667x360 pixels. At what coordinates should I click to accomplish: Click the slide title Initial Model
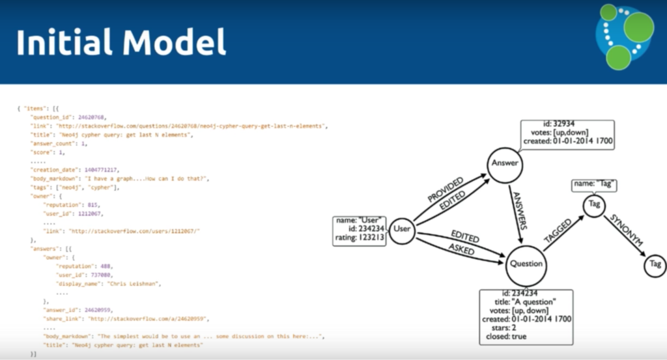(x=121, y=42)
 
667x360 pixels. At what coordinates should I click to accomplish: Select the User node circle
(x=403, y=229)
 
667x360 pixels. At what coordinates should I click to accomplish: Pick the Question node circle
(x=526, y=264)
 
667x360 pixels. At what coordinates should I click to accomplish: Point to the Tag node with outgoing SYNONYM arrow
(x=593, y=204)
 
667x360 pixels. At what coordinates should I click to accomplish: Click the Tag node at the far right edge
(x=655, y=264)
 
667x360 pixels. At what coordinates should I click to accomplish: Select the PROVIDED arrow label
(x=445, y=188)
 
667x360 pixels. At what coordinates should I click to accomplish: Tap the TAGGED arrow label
(x=558, y=231)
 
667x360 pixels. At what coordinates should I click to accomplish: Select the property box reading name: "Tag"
(x=593, y=184)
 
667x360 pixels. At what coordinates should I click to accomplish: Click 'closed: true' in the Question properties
(x=526, y=337)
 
